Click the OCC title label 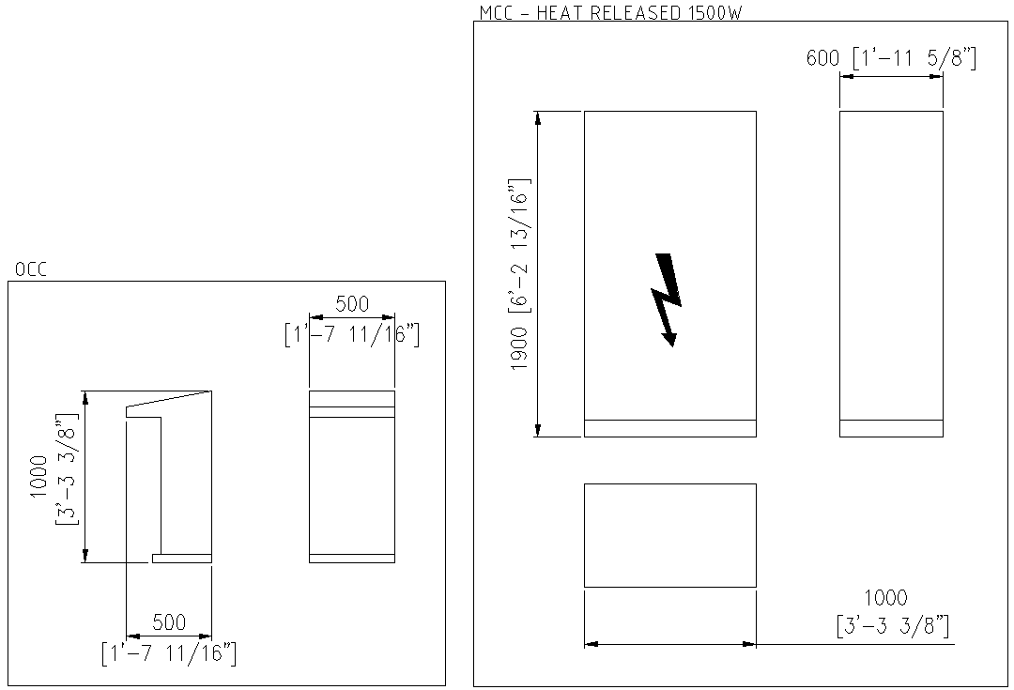tap(30, 270)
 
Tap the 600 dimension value tap(822, 58)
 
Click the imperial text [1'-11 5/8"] tap(913, 58)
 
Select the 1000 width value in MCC tap(885, 598)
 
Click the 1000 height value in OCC tap(38, 476)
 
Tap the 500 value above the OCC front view tap(352, 304)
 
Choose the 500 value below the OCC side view tap(169, 622)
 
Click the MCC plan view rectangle tap(669, 535)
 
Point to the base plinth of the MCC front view tap(669, 428)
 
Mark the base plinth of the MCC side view tap(890, 428)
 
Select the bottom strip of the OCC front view tap(352, 559)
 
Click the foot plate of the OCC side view tap(182, 559)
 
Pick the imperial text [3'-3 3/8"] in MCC tap(891, 625)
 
